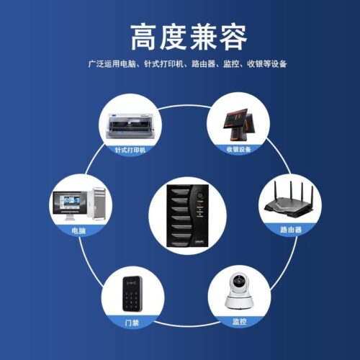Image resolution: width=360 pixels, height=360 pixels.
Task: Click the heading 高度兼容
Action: (180, 35)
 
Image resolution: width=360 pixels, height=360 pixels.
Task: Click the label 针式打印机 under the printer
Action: (130, 150)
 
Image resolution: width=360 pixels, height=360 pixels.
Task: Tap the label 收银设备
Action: (238, 150)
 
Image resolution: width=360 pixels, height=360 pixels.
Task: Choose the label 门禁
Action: (130, 322)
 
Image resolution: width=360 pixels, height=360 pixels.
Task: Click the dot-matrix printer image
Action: (130, 127)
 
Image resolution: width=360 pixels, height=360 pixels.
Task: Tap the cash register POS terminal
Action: (238, 124)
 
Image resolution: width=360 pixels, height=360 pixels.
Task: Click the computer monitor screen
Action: (68, 203)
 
